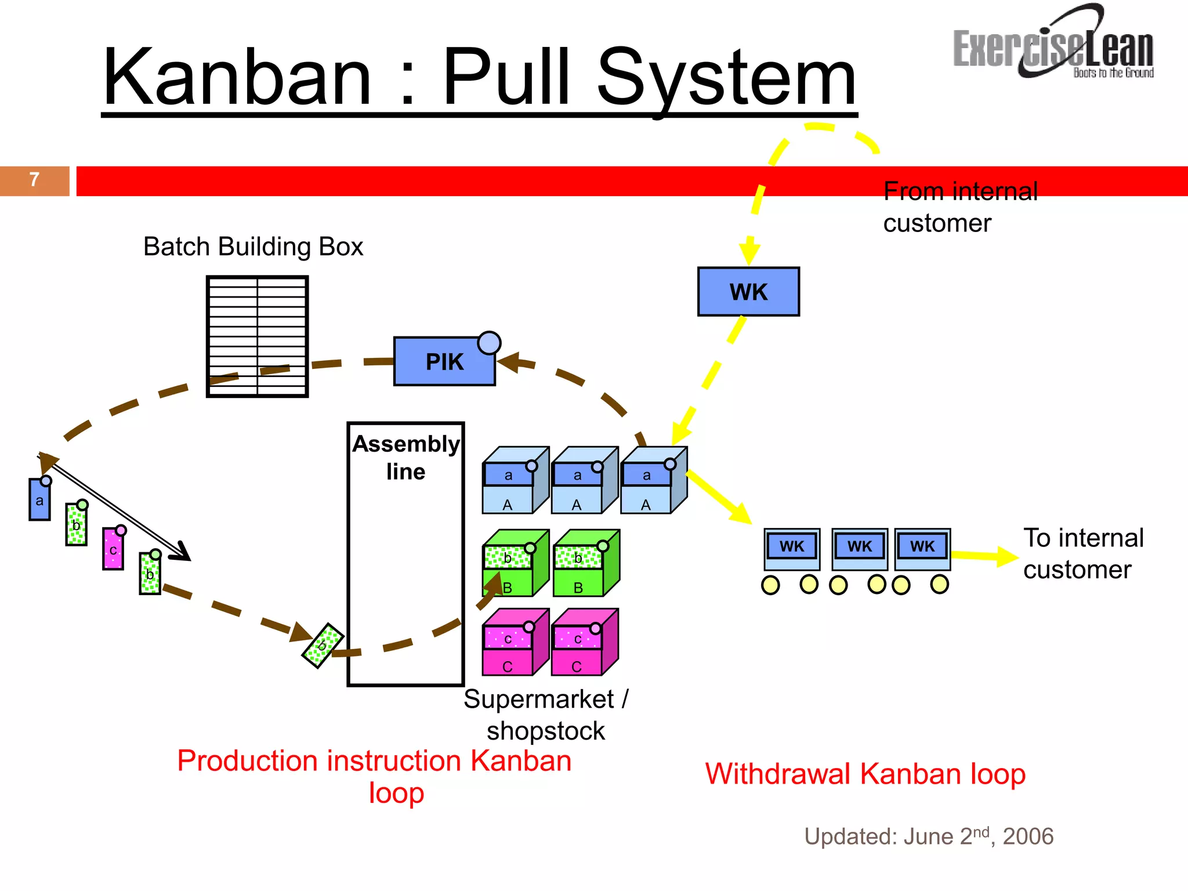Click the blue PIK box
click(x=444, y=361)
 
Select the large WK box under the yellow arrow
click(x=748, y=292)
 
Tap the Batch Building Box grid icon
click(x=257, y=336)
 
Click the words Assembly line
click(x=405, y=457)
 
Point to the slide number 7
click(x=34, y=180)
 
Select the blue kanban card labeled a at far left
click(x=39, y=499)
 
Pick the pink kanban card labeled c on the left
click(x=113, y=549)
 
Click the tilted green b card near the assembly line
click(x=323, y=646)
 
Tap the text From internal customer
click(x=959, y=207)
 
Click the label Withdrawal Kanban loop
click(x=865, y=774)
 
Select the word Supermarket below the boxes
click(x=538, y=699)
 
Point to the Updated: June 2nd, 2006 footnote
click(x=928, y=836)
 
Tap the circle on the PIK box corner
click(x=489, y=343)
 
